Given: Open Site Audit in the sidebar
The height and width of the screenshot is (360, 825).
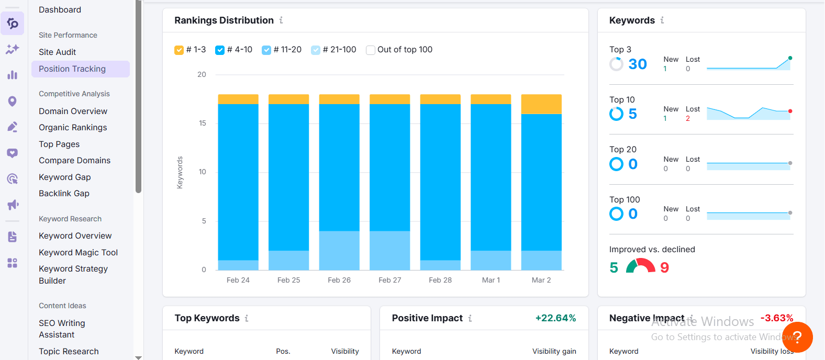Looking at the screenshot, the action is coord(57,52).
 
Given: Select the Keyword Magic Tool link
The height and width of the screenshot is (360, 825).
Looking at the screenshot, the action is coord(78,253).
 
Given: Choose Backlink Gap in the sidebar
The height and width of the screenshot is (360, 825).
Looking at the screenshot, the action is coord(64,193).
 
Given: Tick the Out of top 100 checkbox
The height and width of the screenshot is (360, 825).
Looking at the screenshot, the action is coord(371,50).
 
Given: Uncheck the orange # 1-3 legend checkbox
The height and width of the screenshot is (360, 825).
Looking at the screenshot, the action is coord(179,50).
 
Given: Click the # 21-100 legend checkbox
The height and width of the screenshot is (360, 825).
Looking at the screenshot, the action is coord(316,50).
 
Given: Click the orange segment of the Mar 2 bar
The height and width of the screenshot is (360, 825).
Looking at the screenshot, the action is coord(541,104).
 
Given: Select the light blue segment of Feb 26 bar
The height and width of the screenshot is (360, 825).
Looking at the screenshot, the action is coord(339,250).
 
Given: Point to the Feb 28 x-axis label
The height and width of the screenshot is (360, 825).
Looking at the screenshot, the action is coord(440,280).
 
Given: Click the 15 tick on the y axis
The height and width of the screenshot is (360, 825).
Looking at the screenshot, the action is coord(202,123).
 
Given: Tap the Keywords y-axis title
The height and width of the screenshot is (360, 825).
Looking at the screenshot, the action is coord(180,172).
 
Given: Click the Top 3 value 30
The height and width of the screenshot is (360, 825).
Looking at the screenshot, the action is coord(638,64).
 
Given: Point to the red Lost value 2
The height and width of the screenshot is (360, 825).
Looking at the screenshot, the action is coord(688,119).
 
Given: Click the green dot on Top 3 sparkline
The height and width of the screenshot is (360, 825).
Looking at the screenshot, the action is coord(790,58).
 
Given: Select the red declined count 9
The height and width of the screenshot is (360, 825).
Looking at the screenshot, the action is coord(664,267).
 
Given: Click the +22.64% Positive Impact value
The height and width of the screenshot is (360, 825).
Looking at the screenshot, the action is coord(555,318).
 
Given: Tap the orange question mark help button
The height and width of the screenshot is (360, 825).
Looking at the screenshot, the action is coord(797,337).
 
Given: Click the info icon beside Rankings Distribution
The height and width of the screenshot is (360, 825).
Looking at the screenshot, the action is coord(281,20).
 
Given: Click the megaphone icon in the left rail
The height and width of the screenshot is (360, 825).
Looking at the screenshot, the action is coord(13,205).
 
